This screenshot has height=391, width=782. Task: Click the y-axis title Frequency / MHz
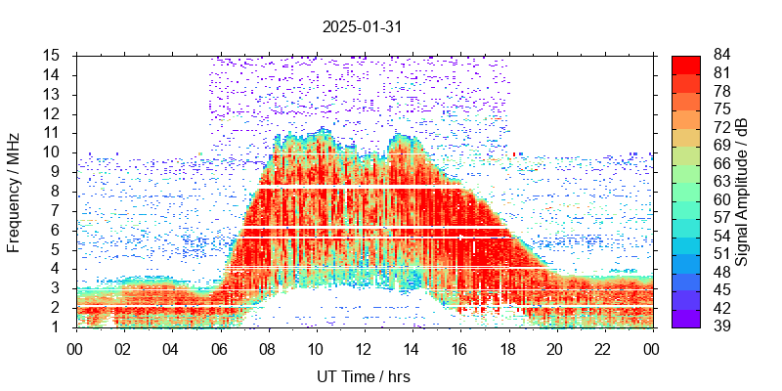[x=15, y=191]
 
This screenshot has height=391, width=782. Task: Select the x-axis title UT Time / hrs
[x=363, y=376]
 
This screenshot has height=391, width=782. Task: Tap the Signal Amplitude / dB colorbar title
[x=742, y=191]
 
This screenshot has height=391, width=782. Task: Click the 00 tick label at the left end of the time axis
[x=75, y=347]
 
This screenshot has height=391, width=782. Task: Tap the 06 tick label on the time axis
[x=219, y=347]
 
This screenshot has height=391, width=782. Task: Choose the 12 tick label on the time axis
[x=364, y=347]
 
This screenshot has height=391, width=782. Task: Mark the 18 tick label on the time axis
[x=507, y=347]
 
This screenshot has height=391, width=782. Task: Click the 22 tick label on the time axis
[x=603, y=347]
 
